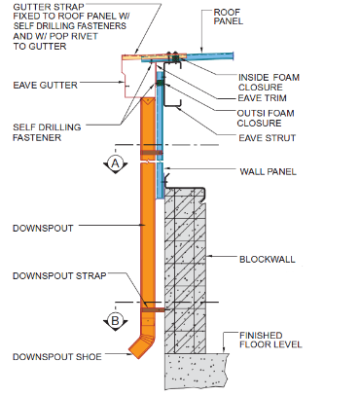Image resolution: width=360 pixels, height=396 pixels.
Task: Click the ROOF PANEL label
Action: tap(229, 17)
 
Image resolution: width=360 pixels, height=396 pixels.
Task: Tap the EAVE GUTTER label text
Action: tap(46, 86)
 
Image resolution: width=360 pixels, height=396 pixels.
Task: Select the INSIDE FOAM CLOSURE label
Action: tap(269, 83)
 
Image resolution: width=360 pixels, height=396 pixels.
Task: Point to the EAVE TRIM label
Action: tap(263, 98)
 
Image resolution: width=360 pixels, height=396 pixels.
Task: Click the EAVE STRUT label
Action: tap(268, 138)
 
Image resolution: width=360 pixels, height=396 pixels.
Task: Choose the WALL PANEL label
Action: tap(269, 171)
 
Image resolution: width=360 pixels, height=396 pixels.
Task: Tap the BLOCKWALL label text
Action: tap(268, 260)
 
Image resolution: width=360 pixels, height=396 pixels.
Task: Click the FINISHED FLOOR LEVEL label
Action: tap(270, 340)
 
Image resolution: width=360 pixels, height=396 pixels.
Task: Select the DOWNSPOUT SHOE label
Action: tap(57, 357)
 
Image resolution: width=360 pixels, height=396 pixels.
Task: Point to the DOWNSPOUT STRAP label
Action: tap(59, 276)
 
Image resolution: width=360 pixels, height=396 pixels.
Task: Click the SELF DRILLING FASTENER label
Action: tap(47, 132)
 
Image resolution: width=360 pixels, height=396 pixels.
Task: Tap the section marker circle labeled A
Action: tap(116, 163)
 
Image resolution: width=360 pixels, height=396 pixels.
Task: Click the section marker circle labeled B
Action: tap(115, 320)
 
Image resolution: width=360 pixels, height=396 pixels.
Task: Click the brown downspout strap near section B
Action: tap(154, 310)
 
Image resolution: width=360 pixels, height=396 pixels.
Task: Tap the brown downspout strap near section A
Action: tap(152, 153)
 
